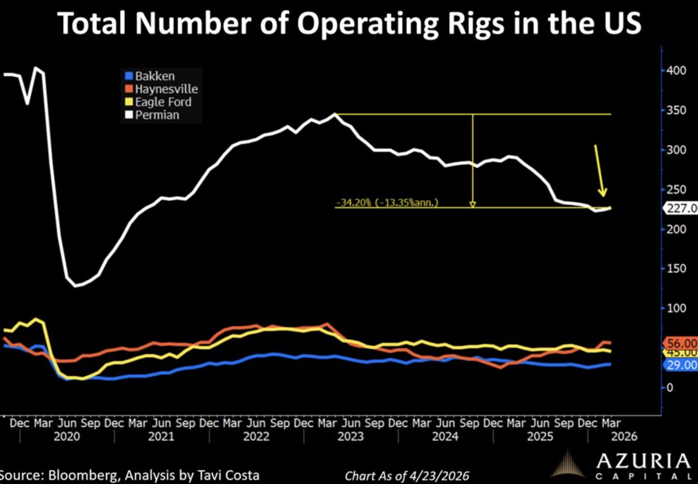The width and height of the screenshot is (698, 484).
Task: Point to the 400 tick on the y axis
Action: point(676,71)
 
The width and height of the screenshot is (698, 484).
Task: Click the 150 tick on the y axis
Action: point(676,268)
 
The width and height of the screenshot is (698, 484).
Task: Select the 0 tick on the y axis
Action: point(670,387)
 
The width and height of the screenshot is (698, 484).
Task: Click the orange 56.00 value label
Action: point(681,343)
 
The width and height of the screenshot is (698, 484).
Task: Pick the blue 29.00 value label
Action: point(681,365)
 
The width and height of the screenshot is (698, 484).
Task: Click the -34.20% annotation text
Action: point(387,203)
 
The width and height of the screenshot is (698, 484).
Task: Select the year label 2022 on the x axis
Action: point(256,437)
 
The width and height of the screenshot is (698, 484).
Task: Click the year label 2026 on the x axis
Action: point(624,437)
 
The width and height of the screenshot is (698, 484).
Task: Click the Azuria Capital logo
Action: point(622,465)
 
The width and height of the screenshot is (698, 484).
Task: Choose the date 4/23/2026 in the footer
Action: point(439,476)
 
